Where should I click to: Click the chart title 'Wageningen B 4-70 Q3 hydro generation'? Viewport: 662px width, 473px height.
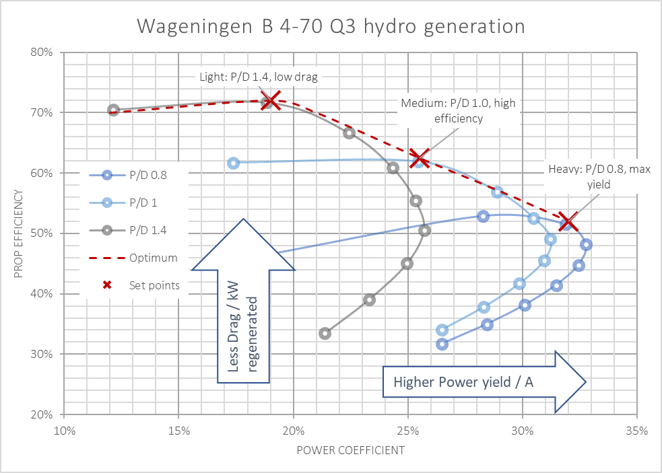[331, 26]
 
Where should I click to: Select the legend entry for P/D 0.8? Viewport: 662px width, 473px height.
[129, 176]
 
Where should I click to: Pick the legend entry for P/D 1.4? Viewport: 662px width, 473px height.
[129, 231]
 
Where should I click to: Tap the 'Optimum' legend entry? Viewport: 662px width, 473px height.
[129, 258]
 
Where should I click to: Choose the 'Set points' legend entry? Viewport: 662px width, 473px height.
[129, 285]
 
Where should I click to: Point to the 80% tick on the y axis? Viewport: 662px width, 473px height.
[42, 52]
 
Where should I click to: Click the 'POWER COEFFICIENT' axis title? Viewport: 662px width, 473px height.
[350, 450]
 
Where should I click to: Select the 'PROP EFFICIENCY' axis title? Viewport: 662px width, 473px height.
[20, 233]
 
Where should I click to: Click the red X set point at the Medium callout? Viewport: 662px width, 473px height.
[419, 159]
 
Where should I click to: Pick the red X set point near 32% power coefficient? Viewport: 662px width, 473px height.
[566, 223]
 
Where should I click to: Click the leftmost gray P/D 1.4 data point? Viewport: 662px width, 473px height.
[113, 110]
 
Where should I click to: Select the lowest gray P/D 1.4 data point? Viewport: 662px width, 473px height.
[325, 333]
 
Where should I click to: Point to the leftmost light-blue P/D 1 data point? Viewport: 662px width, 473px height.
[234, 163]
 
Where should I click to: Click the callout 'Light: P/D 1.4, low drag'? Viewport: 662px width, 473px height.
[259, 77]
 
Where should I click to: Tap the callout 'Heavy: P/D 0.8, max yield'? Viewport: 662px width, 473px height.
[599, 176]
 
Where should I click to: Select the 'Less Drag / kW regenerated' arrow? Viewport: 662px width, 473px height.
[243, 303]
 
